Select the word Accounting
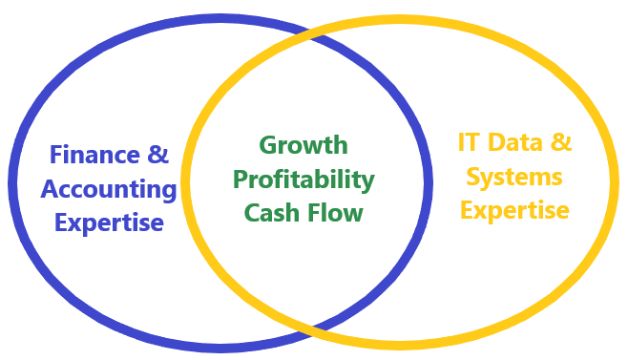click(x=109, y=188)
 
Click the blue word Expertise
click(x=109, y=222)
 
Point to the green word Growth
click(x=304, y=145)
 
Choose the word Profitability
click(x=304, y=179)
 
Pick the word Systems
click(x=515, y=177)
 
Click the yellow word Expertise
click(x=515, y=209)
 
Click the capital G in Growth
click(x=269, y=145)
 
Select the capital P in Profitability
click(x=241, y=179)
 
